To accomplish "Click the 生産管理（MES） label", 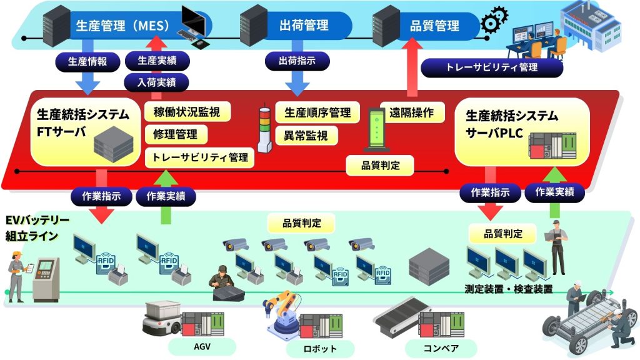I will point(119,26).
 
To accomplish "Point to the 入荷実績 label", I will point(156,81).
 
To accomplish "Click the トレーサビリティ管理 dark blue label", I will point(492,67).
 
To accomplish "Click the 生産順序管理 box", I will point(317,112).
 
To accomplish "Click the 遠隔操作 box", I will point(412,112).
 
